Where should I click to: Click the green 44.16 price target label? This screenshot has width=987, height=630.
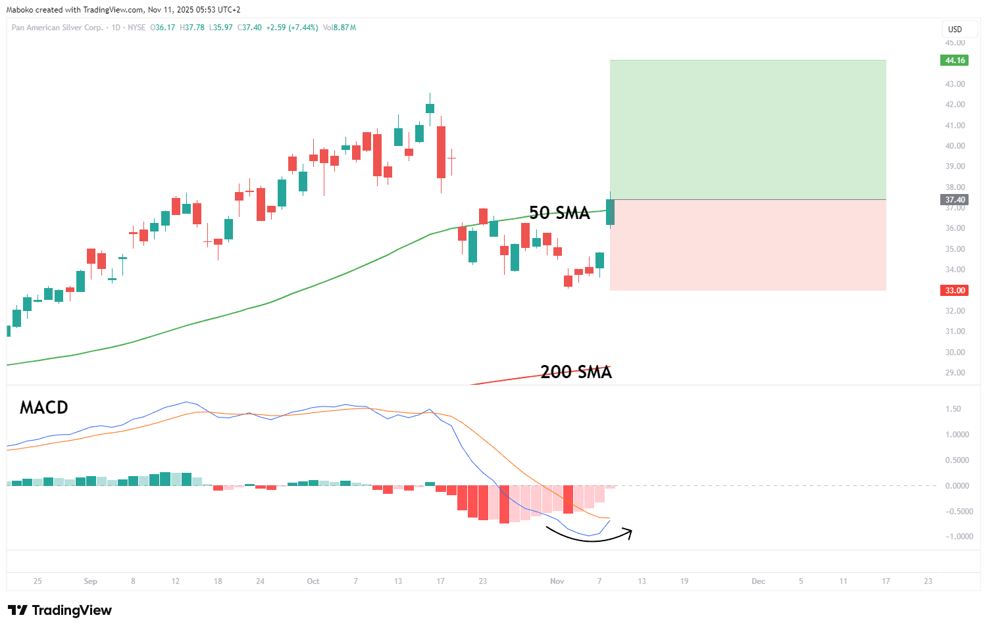[955, 61]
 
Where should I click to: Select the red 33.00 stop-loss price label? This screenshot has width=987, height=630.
[955, 291]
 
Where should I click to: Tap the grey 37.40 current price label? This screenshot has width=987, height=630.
[955, 200]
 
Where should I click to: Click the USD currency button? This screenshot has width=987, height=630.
[955, 30]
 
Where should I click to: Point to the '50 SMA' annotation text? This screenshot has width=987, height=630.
[559, 213]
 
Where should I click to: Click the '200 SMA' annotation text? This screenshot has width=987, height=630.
[576, 372]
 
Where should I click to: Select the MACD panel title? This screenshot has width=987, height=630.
[44, 408]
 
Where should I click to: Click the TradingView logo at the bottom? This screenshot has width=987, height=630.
[60, 610]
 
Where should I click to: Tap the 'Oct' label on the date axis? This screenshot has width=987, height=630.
[313, 581]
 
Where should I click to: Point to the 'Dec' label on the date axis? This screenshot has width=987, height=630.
[759, 581]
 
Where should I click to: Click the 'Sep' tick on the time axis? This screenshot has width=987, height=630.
[91, 581]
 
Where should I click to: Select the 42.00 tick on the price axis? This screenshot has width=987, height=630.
[955, 105]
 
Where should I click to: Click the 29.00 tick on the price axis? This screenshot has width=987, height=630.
[955, 373]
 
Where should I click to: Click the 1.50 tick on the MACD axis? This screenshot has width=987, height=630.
[953, 409]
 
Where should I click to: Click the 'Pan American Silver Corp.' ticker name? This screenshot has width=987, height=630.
[57, 28]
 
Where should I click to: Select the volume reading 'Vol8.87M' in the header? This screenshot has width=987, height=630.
[340, 28]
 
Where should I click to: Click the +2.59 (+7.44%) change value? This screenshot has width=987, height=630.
[292, 28]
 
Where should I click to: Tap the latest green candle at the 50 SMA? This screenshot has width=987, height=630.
[610, 212]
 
